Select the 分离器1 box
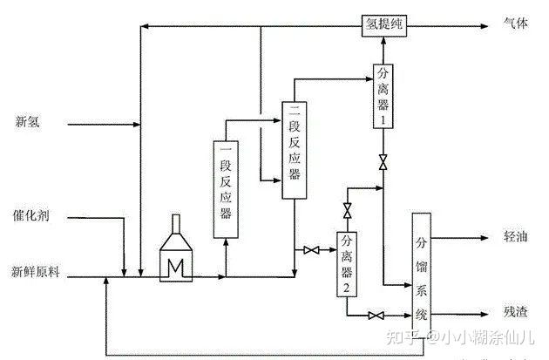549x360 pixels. pyautogui.click(x=382, y=97)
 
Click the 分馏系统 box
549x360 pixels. pyautogui.click(x=424, y=269)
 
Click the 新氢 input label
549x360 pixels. pyautogui.click(x=28, y=122)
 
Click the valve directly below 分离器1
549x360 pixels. pyautogui.click(x=382, y=162)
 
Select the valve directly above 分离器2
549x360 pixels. pyautogui.click(x=347, y=211)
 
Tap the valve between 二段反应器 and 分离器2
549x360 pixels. pyautogui.click(x=311, y=251)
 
